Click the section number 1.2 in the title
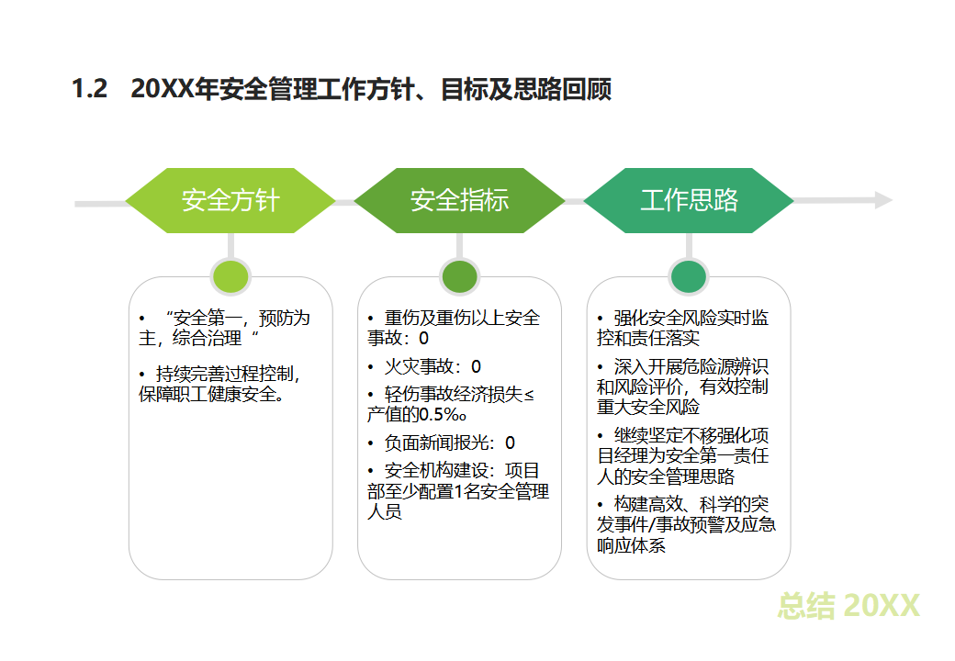tap(90, 88)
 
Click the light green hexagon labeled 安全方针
tap(230, 200)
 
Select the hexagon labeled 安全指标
tap(459, 200)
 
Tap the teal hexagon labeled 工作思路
tap(689, 200)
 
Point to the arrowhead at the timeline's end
tap(883, 200)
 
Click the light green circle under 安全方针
tap(230, 276)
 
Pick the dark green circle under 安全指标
tap(459, 276)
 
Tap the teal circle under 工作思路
tap(688, 276)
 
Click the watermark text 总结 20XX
tap(848, 606)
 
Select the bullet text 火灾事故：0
tap(433, 366)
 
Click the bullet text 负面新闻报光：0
tap(449, 443)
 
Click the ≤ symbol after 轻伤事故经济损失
tap(529, 395)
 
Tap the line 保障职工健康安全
tap(211, 395)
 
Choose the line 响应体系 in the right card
tap(631, 545)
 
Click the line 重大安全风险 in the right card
tap(648, 407)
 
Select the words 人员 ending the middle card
tap(385, 511)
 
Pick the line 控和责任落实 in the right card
tap(648, 338)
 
